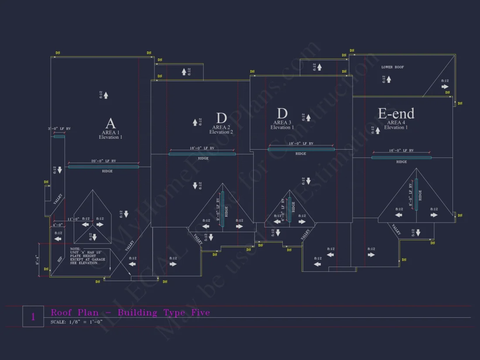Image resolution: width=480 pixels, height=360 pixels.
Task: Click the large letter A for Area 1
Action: click(x=110, y=123)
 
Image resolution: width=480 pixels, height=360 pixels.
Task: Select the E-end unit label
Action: click(x=396, y=114)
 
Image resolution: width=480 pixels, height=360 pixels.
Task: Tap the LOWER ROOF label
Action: click(x=393, y=67)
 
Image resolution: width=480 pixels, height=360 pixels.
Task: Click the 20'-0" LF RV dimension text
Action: click(x=103, y=161)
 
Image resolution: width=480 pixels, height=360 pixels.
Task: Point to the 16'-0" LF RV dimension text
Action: click(x=401, y=151)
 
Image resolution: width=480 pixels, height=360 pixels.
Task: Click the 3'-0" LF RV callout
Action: click(x=59, y=129)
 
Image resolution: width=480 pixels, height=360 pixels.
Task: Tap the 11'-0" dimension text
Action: click(x=73, y=219)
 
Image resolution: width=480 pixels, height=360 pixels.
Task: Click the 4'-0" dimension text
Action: click(x=58, y=225)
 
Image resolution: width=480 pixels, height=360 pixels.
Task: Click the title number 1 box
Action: click(x=33, y=316)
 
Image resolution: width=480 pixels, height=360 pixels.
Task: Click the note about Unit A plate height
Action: click(x=88, y=256)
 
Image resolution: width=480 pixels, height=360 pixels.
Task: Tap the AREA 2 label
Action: click(x=221, y=127)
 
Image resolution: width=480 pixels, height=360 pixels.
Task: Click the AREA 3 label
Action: click(x=282, y=123)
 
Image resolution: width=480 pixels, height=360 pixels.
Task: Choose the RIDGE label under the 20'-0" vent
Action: click(x=107, y=171)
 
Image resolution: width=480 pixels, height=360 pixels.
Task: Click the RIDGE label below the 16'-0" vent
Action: click(x=401, y=162)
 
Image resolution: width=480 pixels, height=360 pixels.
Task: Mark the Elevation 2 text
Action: click(x=221, y=132)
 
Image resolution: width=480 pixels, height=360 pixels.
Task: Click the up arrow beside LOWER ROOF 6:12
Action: click(x=389, y=79)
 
